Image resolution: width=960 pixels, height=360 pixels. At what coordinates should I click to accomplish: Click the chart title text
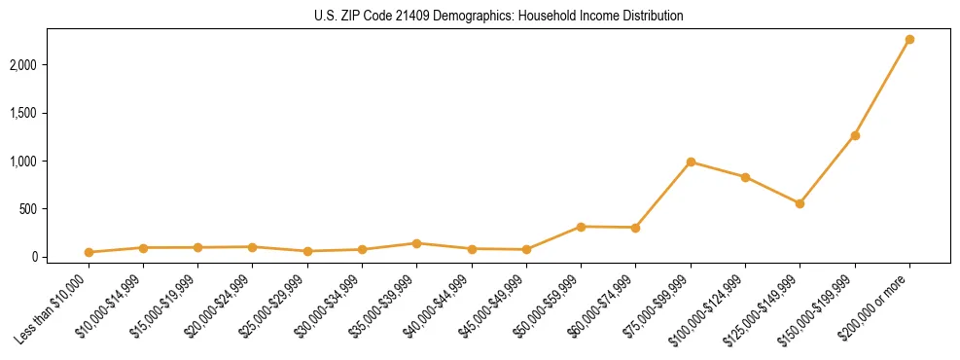click(499, 17)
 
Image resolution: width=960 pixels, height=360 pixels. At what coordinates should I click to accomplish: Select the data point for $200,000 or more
click(909, 40)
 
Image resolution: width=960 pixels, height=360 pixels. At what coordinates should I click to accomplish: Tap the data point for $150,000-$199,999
click(855, 135)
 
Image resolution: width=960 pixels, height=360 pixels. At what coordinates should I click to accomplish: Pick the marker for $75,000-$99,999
click(691, 162)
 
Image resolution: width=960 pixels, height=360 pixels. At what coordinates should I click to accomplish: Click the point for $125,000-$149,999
click(800, 203)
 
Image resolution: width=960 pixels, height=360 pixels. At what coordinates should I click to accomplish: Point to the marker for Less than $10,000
click(89, 252)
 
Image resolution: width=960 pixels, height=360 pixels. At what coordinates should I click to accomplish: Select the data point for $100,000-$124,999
click(745, 177)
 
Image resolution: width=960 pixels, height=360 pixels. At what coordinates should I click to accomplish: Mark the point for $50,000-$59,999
click(581, 227)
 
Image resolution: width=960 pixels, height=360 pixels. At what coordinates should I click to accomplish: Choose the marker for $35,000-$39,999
click(416, 243)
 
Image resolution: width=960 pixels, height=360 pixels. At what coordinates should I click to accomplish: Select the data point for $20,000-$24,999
click(253, 247)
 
